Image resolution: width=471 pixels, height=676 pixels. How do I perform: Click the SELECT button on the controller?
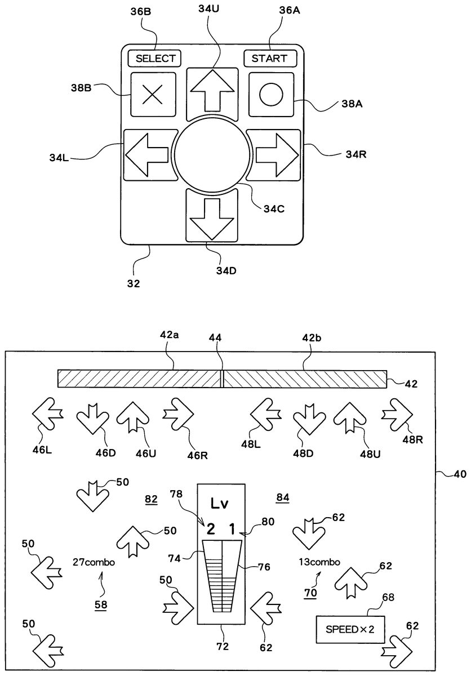click(x=154, y=58)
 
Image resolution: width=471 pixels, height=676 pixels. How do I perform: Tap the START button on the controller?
click(x=269, y=58)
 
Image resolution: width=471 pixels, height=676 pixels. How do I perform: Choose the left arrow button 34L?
click(x=148, y=153)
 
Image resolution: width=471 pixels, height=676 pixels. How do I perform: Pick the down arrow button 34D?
click(x=212, y=217)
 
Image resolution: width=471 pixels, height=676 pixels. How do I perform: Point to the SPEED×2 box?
click(x=350, y=629)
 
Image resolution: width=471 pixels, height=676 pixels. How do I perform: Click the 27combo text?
click(x=94, y=561)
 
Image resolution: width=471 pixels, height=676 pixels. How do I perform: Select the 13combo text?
click(x=319, y=561)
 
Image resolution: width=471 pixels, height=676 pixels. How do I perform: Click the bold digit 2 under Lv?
click(x=210, y=528)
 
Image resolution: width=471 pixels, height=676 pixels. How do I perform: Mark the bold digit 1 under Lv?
click(x=232, y=528)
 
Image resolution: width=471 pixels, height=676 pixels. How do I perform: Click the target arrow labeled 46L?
click(x=47, y=414)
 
